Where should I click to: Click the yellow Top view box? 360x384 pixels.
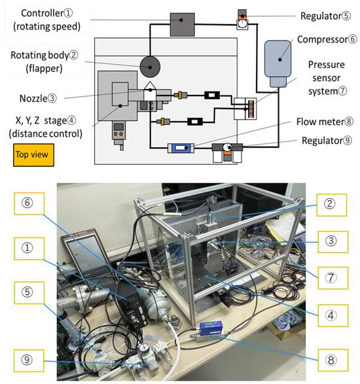(x=33, y=155)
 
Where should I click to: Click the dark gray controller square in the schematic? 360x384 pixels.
(x=183, y=24)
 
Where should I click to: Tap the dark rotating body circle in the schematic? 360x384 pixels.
(x=150, y=67)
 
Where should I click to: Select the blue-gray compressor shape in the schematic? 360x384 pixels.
(x=278, y=63)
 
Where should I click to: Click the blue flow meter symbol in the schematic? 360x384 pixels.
(x=181, y=148)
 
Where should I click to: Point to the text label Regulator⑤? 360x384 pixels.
(x=325, y=16)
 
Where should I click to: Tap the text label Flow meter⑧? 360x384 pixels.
(x=325, y=122)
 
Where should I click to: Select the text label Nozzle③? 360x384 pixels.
(x=38, y=98)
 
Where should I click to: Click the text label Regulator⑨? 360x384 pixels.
(x=327, y=141)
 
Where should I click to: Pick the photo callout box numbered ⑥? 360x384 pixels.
(x=29, y=203)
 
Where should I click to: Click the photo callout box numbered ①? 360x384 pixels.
(x=29, y=249)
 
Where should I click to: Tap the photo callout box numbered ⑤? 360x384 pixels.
(x=29, y=292)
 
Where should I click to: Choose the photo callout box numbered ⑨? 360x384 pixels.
(x=29, y=360)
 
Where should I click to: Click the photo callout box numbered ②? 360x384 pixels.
(x=332, y=205)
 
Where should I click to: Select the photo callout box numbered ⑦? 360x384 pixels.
(x=333, y=278)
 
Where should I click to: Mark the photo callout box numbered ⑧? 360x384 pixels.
(x=333, y=360)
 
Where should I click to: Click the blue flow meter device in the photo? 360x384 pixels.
(x=211, y=329)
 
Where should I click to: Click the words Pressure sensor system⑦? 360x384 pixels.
(x=327, y=78)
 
